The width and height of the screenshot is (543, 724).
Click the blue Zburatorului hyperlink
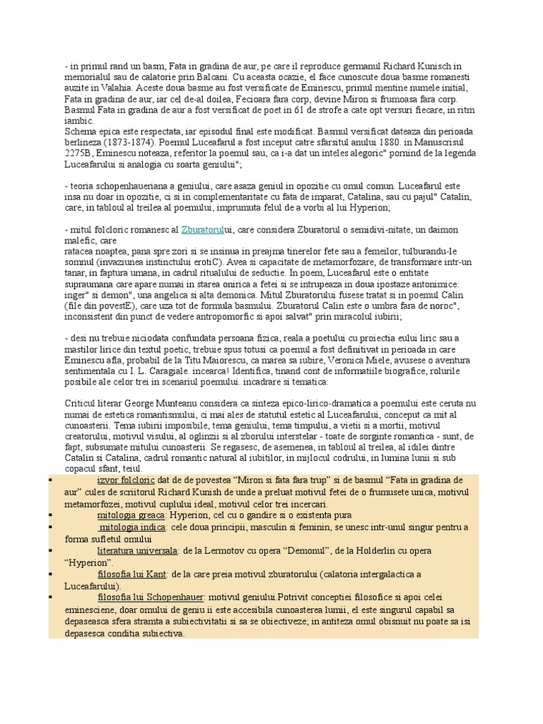click(203, 230)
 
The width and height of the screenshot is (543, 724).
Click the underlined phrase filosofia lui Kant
click(133, 573)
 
